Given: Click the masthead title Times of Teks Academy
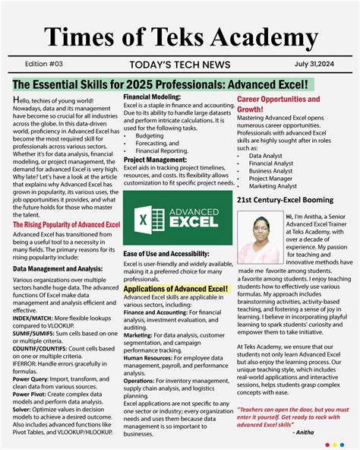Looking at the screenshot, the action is [180, 36].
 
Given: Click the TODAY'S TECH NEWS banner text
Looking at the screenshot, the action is [179, 65].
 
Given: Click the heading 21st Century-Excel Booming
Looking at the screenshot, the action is [286, 200].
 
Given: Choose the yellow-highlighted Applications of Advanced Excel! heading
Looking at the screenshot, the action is [175, 289].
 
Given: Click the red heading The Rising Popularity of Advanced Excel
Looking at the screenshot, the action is [66, 225].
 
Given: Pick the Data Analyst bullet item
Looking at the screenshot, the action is [265, 156].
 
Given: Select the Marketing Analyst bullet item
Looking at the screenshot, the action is [273, 185].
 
